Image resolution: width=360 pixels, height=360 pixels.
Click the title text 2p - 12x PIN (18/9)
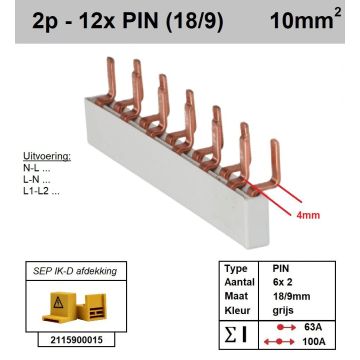(x=115, y=17)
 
